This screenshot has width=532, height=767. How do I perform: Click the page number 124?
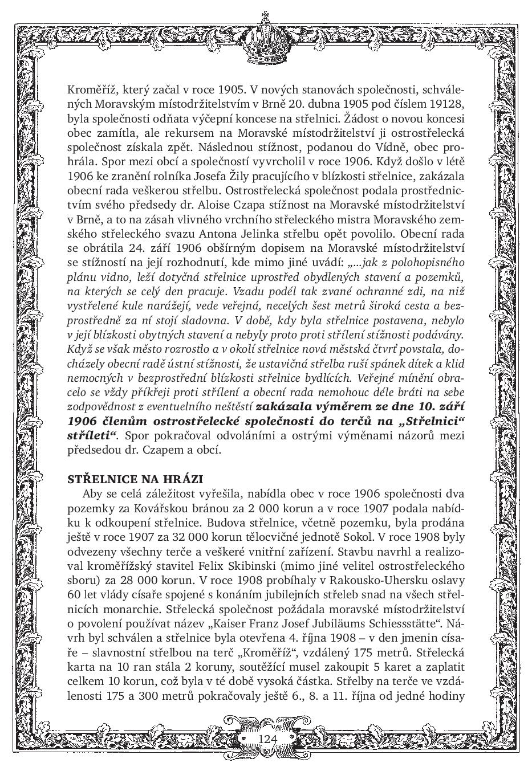pos(267,739)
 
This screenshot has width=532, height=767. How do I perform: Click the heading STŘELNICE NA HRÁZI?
pos(135,479)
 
